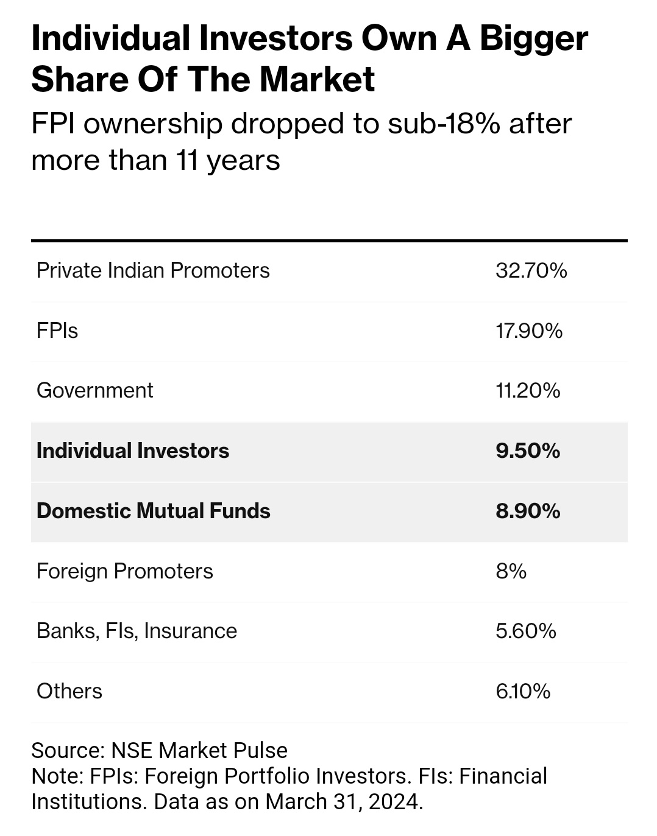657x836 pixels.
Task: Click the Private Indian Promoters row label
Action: (153, 270)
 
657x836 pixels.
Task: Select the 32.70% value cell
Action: (531, 270)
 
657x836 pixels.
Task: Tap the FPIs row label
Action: (57, 331)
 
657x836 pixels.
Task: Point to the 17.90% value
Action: (528, 331)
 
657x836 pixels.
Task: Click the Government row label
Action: (94, 390)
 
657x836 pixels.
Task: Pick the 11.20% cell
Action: (528, 390)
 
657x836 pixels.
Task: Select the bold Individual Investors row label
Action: (133, 451)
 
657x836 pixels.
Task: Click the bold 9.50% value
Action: (528, 451)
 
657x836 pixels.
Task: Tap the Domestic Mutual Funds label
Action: (153, 511)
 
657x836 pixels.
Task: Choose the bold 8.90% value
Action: (528, 511)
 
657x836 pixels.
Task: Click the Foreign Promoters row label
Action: (125, 571)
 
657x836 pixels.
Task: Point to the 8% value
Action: (511, 571)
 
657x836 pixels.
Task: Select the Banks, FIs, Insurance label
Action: (137, 631)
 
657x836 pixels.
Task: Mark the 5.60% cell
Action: (525, 631)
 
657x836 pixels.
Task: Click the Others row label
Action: (69, 691)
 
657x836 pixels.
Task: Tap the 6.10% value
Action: (523, 691)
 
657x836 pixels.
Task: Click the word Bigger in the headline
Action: (533, 39)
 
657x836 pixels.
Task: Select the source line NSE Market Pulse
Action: (199, 750)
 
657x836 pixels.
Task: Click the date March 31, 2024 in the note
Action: (343, 801)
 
